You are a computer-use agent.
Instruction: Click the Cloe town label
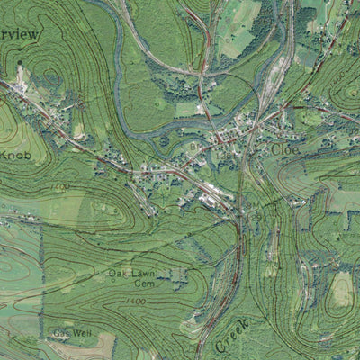pos(284,149)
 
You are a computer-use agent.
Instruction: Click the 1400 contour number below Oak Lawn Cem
pos(136,302)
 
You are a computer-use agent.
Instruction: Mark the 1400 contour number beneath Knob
pos(60,186)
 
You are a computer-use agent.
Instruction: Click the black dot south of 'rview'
pos(21,65)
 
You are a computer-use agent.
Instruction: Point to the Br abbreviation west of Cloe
pos(193,143)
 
